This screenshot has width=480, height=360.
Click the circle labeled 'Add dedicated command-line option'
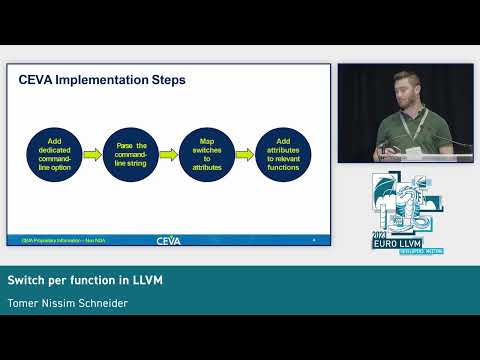(52, 153)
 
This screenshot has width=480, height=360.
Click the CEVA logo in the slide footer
(168, 240)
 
